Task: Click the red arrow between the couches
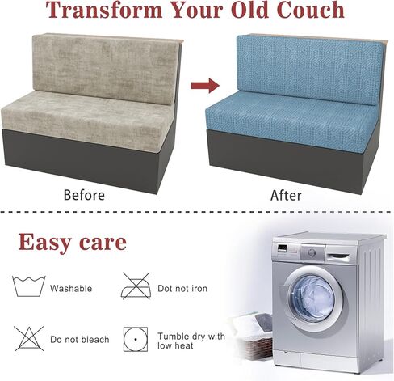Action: [x=205, y=86]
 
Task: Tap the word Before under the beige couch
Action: [x=84, y=195]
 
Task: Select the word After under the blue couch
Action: [x=286, y=196]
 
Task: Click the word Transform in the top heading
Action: [x=104, y=10]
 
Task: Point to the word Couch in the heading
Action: [x=310, y=10]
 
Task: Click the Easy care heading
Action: [x=72, y=242]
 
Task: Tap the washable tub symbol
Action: [x=29, y=286]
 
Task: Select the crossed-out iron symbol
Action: [x=136, y=286]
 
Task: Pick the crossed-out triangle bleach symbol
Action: [x=29, y=339]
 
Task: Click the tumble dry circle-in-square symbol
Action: [x=136, y=339]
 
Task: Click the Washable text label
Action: [x=71, y=288]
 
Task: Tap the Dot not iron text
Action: [x=182, y=288]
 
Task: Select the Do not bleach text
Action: [x=80, y=339]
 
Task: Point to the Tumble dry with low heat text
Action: [x=191, y=341]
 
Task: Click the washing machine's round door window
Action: [x=313, y=298]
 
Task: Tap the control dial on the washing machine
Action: [x=312, y=252]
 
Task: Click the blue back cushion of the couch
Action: [x=310, y=70]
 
